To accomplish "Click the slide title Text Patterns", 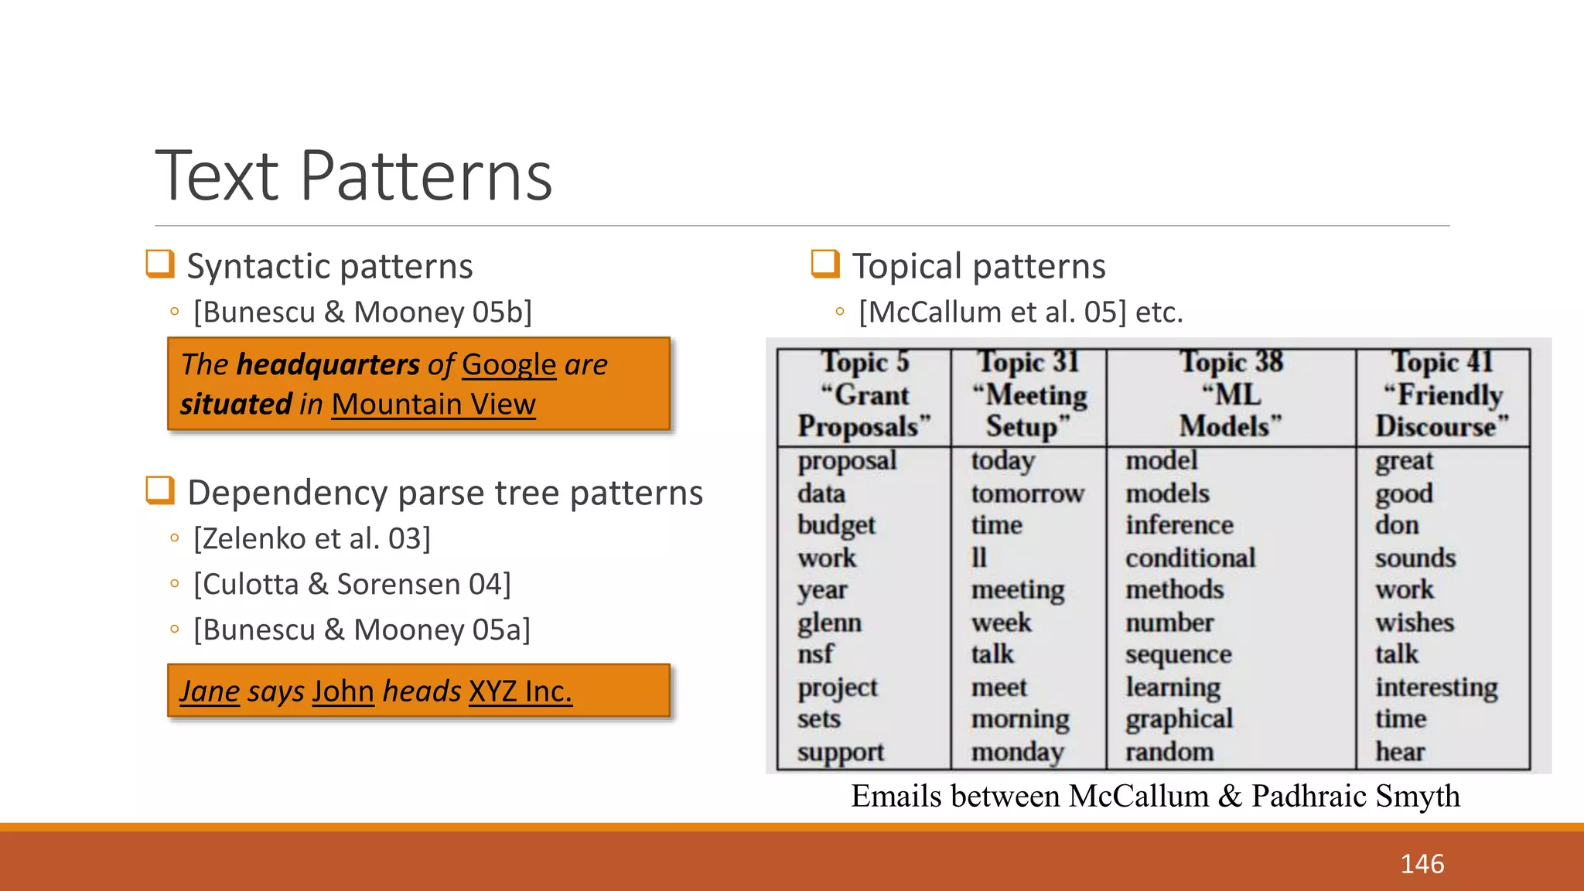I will tap(354, 176).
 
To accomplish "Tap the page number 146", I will tap(1422, 864).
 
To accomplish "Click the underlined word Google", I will tap(509, 364).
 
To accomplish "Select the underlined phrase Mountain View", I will tap(433, 404).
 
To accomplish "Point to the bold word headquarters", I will tap(328, 364).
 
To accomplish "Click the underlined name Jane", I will tap(210, 691).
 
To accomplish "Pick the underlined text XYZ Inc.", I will tap(521, 691).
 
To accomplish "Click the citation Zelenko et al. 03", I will tap(312, 538).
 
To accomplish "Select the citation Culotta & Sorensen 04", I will tap(352, 584).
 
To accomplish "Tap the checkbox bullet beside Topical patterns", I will tap(825, 264).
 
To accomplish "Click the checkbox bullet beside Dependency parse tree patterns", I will tap(160, 490).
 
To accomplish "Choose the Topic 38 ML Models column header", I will tap(1231, 394).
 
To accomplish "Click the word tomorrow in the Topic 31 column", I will tap(1027, 493).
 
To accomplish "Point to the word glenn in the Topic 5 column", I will tap(829, 623).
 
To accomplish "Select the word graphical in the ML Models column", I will tap(1179, 719).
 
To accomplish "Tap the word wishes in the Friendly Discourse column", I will tap(1414, 623).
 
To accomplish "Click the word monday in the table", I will tap(1018, 752).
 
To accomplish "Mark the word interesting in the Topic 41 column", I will tap(1436, 687).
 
